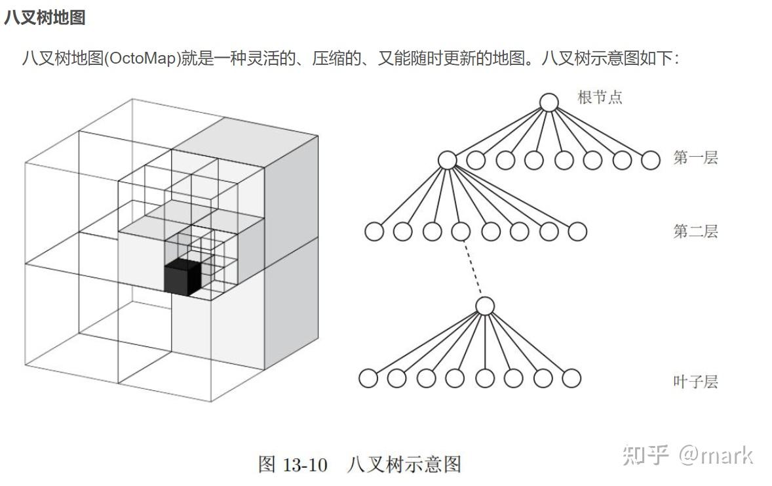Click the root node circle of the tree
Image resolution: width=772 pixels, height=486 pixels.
click(549, 102)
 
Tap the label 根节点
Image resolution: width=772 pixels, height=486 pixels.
click(600, 98)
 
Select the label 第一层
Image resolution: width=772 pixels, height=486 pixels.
click(695, 157)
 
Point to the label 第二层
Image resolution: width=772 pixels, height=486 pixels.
click(695, 231)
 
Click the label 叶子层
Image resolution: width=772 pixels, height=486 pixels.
click(695, 381)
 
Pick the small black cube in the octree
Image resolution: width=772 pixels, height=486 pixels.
click(182, 277)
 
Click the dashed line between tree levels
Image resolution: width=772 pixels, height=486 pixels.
click(473, 269)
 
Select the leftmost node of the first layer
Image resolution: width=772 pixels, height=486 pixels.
click(447, 160)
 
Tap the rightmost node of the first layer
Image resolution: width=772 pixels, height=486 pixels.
click(651, 160)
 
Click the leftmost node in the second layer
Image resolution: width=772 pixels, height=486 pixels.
click(374, 232)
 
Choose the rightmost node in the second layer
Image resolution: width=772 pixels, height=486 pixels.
click(577, 232)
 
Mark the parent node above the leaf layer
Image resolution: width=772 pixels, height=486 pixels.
click(484, 306)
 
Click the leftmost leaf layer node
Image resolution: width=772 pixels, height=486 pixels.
click(368, 378)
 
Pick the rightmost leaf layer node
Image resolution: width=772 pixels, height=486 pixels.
click(571, 378)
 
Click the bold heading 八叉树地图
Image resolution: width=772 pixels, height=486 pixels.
click(45, 18)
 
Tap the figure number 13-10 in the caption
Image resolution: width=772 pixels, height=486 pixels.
click(305, 465)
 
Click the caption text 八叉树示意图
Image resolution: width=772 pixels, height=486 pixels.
click(404, 465)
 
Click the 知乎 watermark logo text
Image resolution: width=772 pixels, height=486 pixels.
click(646, 455)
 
